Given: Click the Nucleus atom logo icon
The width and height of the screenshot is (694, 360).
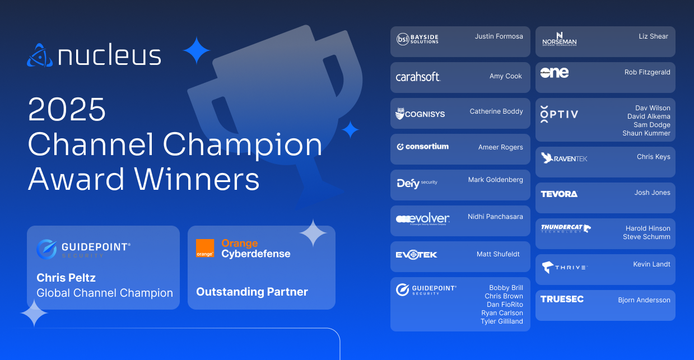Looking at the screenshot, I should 40,55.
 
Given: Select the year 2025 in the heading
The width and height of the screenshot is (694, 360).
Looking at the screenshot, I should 67,110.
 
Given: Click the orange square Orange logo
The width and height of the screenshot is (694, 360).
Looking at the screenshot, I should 205,248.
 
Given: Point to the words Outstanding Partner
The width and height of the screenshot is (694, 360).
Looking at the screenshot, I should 252,292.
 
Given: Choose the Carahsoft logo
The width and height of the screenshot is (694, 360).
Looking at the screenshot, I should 418,77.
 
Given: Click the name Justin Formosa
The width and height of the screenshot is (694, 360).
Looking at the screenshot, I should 499,36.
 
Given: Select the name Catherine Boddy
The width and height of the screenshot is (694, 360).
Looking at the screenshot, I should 496,111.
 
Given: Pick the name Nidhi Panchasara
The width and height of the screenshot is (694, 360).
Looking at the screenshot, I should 495,217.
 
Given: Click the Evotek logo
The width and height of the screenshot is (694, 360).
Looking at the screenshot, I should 416,255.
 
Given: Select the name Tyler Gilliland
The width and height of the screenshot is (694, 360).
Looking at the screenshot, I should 501,321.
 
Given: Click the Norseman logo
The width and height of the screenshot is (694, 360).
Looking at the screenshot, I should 559,39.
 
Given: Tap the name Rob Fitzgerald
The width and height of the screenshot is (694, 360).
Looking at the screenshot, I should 647,72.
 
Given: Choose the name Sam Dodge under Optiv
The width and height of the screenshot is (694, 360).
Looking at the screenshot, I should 651,125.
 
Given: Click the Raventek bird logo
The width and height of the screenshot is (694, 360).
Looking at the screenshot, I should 548,158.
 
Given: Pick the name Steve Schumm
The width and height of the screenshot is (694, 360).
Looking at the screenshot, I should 646,237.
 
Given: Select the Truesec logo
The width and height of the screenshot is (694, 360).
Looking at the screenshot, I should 562,299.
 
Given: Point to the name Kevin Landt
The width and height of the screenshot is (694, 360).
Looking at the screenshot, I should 651,264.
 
